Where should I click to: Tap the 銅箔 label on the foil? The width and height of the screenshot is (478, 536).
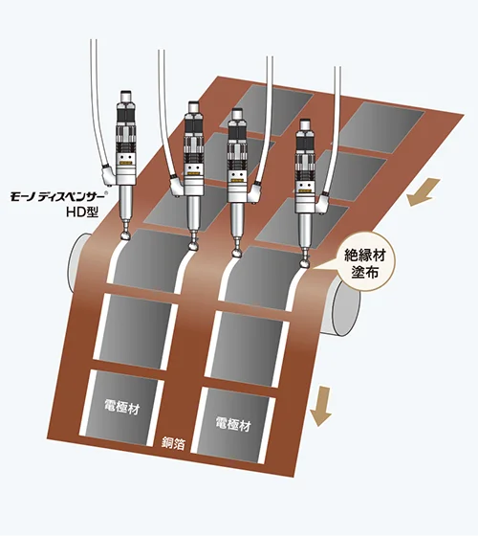(x=173, y=443)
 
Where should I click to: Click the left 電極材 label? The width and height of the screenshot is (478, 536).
(x=122, y=407)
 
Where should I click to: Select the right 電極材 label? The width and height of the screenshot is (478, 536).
(x=233, y=424)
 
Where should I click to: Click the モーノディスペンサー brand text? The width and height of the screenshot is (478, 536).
(x=59, y=197)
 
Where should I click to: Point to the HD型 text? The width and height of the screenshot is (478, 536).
(x=82, y=212)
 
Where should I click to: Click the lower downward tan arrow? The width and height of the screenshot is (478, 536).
(x=321, y=406)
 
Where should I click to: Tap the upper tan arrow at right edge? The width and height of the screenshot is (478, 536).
(x=422, y=192)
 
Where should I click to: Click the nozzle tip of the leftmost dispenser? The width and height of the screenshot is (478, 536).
(x=125, y=234)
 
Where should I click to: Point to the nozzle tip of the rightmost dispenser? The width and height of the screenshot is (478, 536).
(x=304, y=263)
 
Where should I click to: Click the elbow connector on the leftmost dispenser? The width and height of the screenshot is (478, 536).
(x=109, y=172)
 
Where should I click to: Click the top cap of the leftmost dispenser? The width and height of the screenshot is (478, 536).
(x=126, y=96)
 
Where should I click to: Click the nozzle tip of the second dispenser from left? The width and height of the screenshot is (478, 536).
(x=194, y=244)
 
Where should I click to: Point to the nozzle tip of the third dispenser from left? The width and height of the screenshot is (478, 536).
(x=237, y=253)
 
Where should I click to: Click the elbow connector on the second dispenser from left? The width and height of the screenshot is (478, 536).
(x=178, y=186)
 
